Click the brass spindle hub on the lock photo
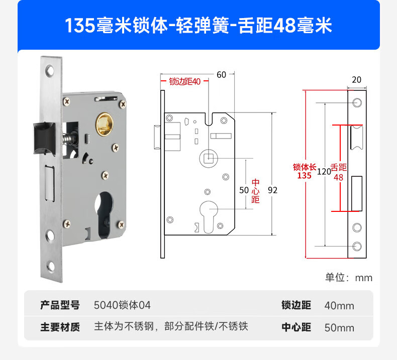pos(104,124)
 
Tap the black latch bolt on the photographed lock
pos(45,138)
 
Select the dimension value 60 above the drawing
pos(221,75)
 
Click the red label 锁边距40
pos(185,81)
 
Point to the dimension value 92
pos(272,190)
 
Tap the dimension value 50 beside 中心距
pos(244,190)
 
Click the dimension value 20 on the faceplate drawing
pos(356,80)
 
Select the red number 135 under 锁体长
pos(305,176)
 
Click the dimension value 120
pos(324,172)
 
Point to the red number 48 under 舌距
pos(338,177)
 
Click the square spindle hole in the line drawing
pos(209,159)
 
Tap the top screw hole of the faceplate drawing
pos(357,103)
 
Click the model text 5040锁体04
pos(122,305)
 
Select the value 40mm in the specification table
pos(339,306)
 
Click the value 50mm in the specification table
pos(339,328)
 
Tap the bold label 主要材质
pos(60,327)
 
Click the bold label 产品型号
pos(60,305)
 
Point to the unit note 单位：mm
pos(349,278)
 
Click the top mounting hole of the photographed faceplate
pos(50,70)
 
